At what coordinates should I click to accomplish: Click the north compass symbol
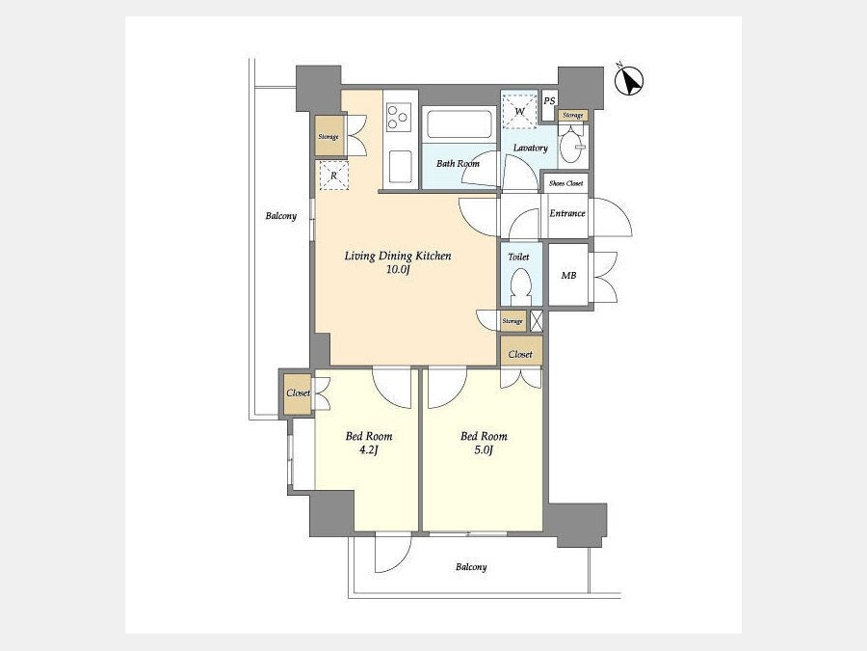click(x=629, y=81)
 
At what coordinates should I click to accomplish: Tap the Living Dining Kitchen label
click(x=398, y=256)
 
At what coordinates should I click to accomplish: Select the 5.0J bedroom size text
click(x=484, y=450)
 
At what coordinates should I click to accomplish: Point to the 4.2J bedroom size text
click(x=368, y=450)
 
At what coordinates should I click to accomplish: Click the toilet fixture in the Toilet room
click(x=520, y=286)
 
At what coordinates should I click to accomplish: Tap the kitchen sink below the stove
click(x=401, y=167)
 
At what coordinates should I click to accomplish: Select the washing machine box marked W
click(x=519, y=110)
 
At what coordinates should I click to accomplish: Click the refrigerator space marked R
click(x=334, y=176)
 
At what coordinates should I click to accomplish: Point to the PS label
click(x=549, y=101)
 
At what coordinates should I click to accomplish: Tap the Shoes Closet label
click(x=566, y=183)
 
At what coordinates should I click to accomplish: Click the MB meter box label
click(x=569, y=275)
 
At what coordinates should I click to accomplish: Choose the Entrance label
click(x=567, y=213)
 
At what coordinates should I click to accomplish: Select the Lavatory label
click(x=530, y=148)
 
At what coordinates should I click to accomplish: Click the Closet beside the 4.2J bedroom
click(x=298, y=393)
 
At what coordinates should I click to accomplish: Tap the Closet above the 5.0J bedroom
click(x=521, y=353)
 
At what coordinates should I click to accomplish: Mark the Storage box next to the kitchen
click(x=328, y=136)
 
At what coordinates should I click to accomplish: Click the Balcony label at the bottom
click(x=471, y=567)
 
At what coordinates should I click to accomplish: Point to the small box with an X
click(x=537, y=321)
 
